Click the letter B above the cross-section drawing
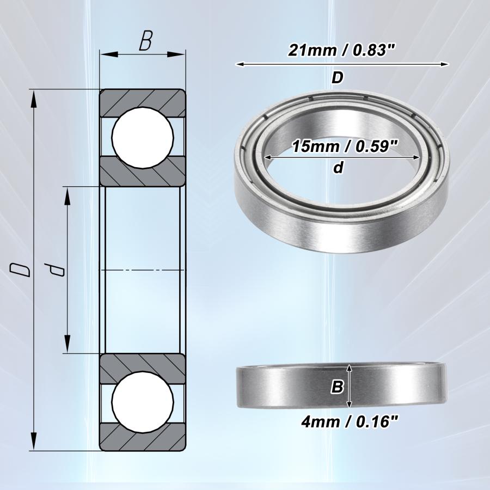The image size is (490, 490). [x=145, y=42]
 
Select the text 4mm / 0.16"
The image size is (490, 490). [x=341, y=421]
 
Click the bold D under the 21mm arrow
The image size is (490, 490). [x=338, y=78]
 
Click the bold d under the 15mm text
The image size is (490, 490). [x=338, y=168]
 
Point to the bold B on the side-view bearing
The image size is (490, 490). [x=337, y=387]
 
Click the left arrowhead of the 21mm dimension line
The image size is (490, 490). [x=240, y=64]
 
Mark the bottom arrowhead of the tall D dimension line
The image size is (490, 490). [x=34, y=443]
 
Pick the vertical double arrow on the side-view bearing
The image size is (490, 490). [x=350, y=387]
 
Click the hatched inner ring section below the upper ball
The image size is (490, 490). [x=143, y=173]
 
